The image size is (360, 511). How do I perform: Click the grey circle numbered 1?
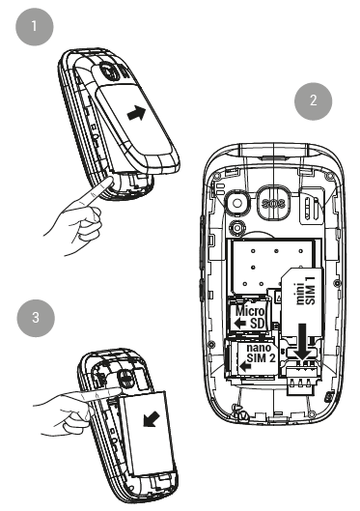[x=34, y=27]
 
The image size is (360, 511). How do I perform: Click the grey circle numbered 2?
[x=313, y=101]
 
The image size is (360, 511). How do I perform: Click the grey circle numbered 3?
[x=36, y=318]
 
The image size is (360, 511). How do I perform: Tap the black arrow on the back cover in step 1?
[x=136, y=113]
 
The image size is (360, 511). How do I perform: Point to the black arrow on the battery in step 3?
[x=152, y=418]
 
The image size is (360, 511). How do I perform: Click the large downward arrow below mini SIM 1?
[x=302, y=342]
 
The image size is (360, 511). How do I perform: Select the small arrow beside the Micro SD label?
[x=240, y=324]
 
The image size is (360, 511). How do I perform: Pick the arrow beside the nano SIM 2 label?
[x=245, y=367]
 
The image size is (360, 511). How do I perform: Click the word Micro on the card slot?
[x=250, y=311]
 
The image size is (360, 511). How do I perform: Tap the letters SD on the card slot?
[x=257, y=324]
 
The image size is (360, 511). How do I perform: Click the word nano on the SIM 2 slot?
[x=259, y=348]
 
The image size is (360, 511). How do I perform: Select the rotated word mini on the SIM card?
[x=300, y=294]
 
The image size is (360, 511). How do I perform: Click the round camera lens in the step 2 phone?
[x=237, y=204]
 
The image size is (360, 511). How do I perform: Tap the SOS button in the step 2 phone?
[x=274, y=204]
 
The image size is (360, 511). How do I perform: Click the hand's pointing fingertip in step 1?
[x=110, y=181]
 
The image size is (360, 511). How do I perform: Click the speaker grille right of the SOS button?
[x=312, y=208]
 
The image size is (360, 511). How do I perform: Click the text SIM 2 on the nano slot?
[x=261, y=357]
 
